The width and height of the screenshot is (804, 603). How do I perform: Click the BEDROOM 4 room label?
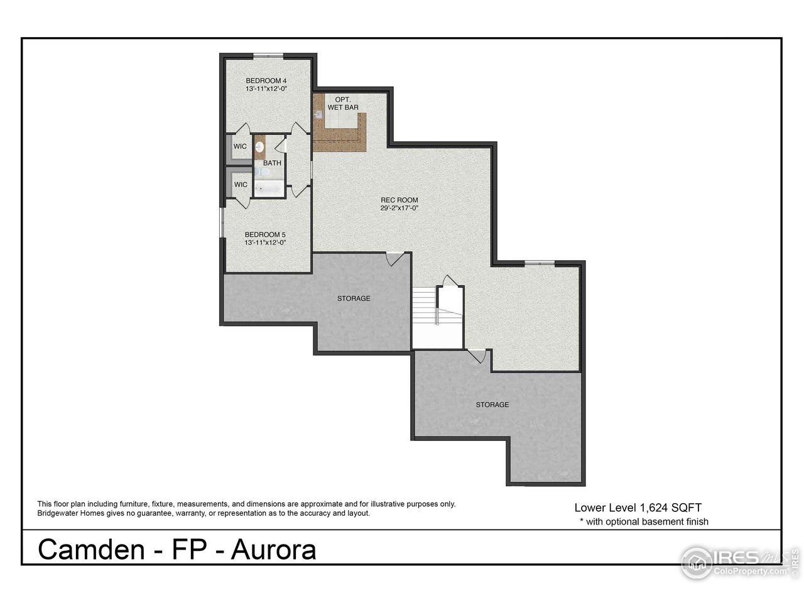point(266,80)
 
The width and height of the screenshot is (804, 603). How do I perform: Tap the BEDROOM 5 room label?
point(266,234)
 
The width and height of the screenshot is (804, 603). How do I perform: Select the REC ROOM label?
point(399,200)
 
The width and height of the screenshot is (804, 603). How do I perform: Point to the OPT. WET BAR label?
point(343,104)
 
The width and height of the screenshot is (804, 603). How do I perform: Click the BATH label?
point(272,163)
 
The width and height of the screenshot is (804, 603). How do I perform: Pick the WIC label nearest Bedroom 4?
point(240,146)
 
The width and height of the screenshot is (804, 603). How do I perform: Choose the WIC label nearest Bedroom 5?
point(240,185)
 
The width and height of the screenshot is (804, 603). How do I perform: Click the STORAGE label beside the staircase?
point(354,298)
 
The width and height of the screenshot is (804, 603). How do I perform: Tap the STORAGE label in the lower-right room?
point(492,405)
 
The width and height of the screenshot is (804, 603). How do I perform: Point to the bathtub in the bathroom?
point(268,188)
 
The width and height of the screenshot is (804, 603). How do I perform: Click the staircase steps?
point(425,314)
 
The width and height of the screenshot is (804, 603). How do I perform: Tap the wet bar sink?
point(319,115)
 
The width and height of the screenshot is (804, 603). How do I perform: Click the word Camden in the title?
point(92,550)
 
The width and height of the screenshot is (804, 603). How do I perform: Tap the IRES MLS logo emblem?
point(697,562)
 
